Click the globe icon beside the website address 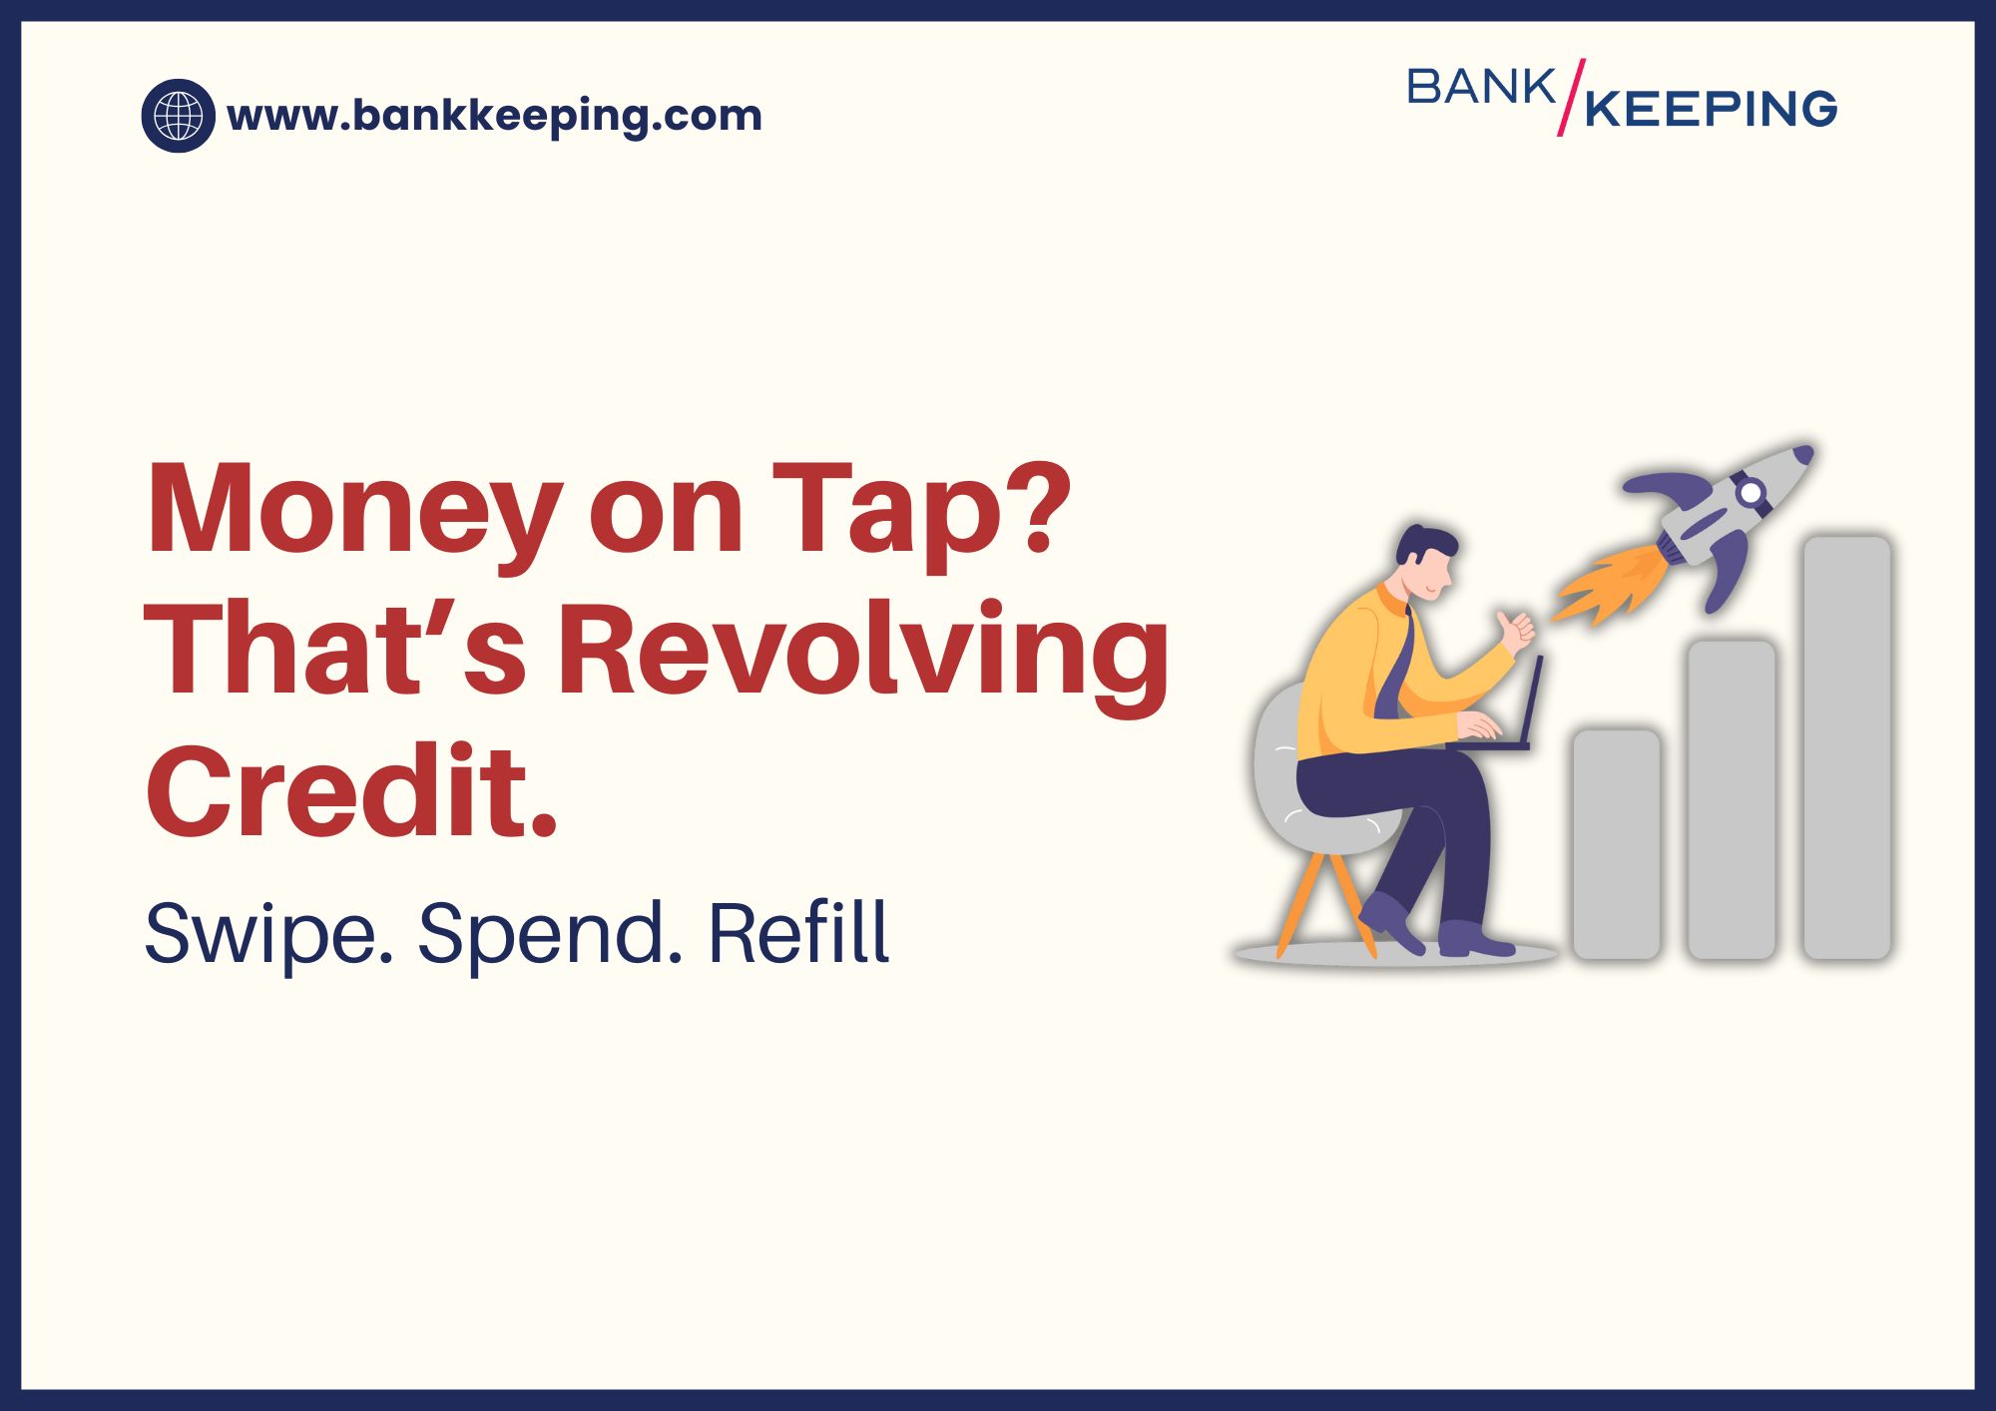179,116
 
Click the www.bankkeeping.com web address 494,117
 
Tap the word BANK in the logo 1481,87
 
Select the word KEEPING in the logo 1711,109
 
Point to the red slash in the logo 1571,97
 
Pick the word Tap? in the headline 921,511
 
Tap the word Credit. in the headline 351,791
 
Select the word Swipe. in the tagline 268,934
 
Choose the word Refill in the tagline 798,932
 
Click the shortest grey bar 1617,844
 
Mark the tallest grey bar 1847,747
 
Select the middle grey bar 1732,799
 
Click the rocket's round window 1750,492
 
